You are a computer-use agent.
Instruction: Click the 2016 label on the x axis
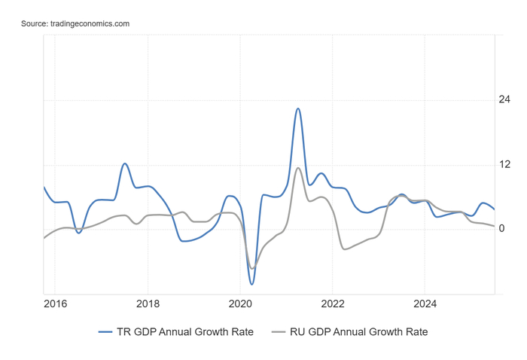click(55, 304)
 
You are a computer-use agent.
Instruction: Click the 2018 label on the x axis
click(148, 304)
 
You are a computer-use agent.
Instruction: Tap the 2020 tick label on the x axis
click(240, 304)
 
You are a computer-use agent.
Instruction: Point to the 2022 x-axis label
click(333, 304)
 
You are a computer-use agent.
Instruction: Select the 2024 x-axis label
click(425, 304)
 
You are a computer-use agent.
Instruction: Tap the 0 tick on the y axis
click(502, 228)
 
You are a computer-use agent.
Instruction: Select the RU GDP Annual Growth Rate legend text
click(358, 331)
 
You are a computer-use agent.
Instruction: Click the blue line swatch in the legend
click(105, 331)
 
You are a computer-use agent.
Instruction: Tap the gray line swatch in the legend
click(279, 331)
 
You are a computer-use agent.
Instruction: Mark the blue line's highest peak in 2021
click(298, 108)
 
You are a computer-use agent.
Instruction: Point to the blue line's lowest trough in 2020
click(251, 284)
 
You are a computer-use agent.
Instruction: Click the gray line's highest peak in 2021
click(298, 168)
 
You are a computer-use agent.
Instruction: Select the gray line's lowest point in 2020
click(252, 268)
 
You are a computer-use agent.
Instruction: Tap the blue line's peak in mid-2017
click(125, 163)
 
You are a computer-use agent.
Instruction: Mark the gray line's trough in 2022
click(345, 249)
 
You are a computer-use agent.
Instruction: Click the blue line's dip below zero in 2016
click(78, 233)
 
